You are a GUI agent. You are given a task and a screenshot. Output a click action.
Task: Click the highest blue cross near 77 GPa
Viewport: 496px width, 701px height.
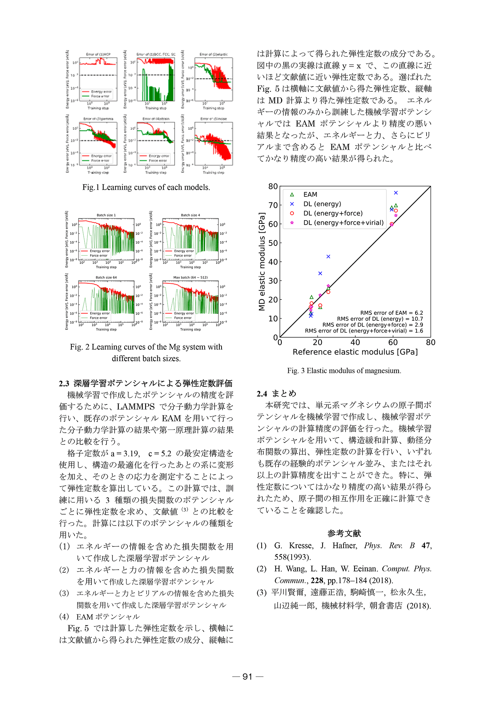point(396,193)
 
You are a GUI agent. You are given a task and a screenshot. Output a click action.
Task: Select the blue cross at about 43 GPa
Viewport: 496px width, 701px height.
point(328,257)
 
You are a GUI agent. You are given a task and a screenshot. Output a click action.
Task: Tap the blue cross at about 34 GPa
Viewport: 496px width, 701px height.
point(320,273)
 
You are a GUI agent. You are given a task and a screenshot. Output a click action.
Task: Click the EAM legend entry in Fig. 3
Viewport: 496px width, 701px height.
point(310,195)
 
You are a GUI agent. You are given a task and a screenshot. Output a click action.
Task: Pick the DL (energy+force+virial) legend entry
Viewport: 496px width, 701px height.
point(343,223)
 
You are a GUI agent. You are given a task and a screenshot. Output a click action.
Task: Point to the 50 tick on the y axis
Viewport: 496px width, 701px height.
point(273,243)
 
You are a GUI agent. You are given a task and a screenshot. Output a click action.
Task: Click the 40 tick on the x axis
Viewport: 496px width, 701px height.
point(355,342)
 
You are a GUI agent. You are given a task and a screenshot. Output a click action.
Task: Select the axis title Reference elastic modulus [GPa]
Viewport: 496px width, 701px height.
point(355,352)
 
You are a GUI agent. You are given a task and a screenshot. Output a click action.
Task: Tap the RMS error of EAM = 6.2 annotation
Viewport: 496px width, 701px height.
point(391,313)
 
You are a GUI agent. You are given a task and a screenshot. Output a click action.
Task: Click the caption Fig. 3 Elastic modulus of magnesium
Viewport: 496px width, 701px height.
point(344,371)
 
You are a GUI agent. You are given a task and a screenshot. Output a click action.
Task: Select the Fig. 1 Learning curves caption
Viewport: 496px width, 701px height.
point(146,187)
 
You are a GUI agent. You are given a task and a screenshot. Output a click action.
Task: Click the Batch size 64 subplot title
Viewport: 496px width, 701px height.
point(106,277)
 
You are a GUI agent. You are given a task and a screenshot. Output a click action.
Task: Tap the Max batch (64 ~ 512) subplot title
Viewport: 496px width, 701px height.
point(190,277)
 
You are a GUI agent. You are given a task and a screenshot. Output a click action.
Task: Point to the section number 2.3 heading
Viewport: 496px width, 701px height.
point(64,384)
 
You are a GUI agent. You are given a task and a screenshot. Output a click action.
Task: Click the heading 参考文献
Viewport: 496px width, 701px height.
point(344,533)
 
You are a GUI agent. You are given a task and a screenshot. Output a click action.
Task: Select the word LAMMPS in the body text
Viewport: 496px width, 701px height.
point(136,407)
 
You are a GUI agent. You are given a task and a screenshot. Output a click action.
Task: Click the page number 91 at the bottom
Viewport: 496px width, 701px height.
point(248,677)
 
